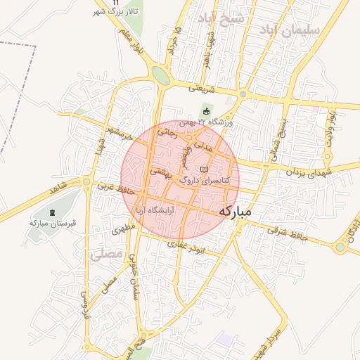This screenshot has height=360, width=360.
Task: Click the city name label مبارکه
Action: [x=240, y=211]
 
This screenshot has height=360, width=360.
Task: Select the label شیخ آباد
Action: [x=221, y=18]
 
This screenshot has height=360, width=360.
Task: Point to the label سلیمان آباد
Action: [x=289, y=30]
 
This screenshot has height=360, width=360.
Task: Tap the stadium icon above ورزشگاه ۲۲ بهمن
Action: [x=206, y=110]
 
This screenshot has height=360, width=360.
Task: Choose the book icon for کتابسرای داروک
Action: [x=205, y=170]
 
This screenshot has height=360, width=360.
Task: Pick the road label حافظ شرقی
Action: [x=288, y=234]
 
